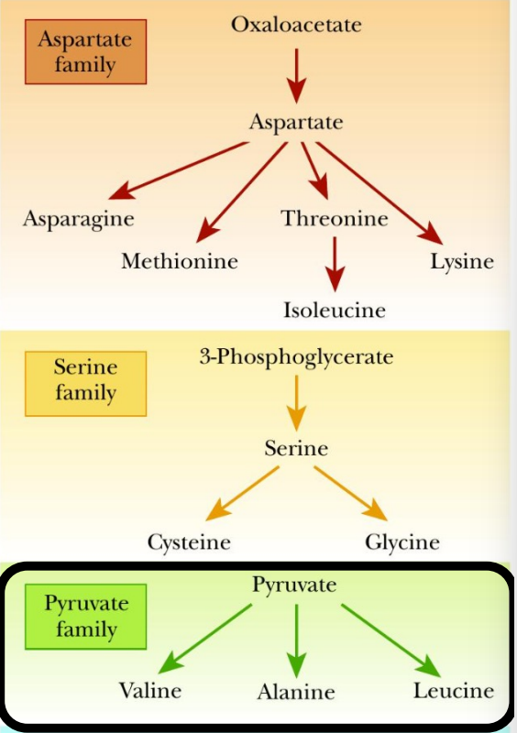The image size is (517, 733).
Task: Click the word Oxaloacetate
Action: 295,24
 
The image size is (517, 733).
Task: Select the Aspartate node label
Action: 295,121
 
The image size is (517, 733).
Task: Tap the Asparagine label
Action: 78,220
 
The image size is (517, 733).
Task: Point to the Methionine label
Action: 180,261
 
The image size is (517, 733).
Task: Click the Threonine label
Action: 335,219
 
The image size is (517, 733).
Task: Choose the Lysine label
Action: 462,261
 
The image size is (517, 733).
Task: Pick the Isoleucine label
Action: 335,310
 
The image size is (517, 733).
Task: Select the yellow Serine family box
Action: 85,380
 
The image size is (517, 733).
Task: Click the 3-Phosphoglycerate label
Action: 295,357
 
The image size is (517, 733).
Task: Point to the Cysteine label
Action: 189,542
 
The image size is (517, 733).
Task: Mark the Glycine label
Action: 401,542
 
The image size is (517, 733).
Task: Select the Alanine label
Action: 295,692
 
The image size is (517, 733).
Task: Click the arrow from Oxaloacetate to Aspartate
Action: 295,76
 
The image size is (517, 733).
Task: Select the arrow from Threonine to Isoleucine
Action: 335,264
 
